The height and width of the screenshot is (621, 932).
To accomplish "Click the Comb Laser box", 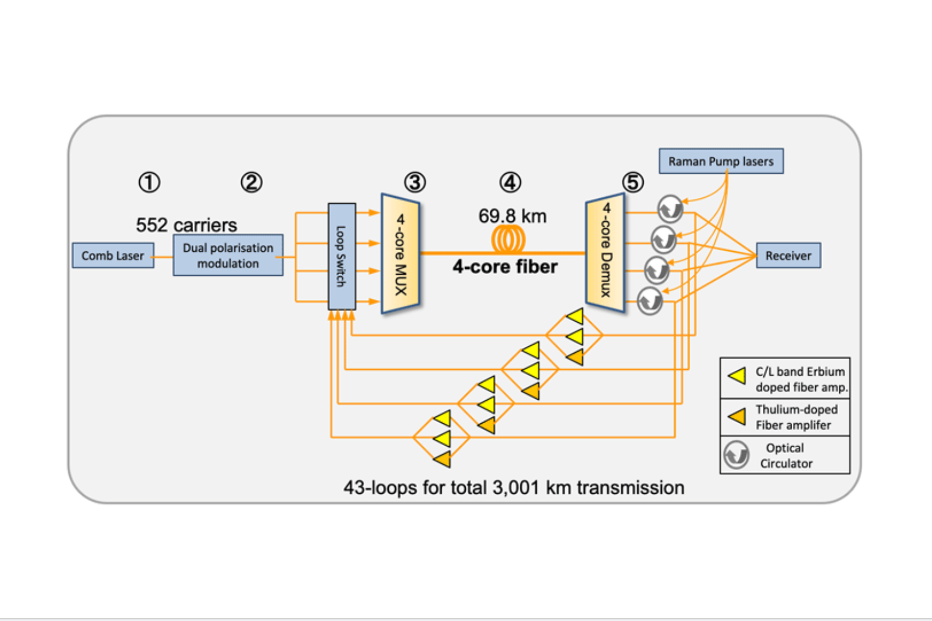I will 113,256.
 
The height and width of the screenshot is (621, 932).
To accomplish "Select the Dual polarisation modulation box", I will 228,255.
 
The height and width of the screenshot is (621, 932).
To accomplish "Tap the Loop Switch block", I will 341,256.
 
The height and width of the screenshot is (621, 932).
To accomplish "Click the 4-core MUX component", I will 401,254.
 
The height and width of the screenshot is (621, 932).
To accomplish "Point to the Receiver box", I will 788,255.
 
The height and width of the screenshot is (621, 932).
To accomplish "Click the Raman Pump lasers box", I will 721,161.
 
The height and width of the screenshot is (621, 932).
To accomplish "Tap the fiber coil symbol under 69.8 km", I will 509,239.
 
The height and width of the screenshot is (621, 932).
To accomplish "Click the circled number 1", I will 149,182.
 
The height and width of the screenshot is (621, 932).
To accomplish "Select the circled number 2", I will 251,182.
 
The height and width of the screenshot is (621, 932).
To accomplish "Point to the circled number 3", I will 415,182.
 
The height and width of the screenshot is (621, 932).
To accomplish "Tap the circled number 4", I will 510,182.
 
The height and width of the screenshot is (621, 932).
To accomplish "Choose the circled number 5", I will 632,182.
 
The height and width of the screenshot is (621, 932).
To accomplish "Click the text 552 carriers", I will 186,225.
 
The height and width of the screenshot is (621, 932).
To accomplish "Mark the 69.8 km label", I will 512,216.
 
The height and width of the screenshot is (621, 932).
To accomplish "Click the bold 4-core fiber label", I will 505,267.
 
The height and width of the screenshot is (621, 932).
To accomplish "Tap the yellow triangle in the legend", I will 737,376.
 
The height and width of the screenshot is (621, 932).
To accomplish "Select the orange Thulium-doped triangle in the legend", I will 737,417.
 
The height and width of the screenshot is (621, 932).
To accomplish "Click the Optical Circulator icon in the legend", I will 736,455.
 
